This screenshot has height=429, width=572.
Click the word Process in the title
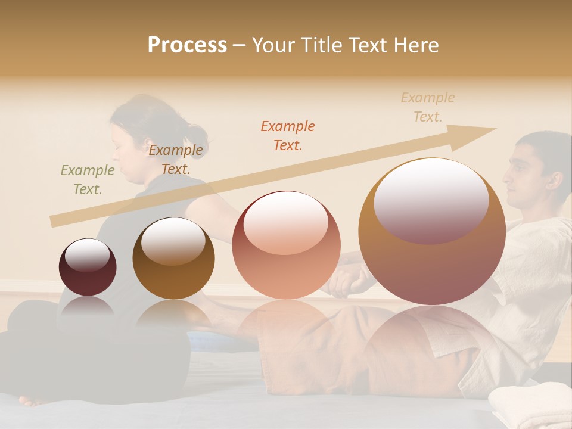coord(187,45)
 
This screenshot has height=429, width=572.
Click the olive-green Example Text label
coord(88,179)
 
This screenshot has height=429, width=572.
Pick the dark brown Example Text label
coord(176,159)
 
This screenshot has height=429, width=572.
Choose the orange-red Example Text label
coord(288,135)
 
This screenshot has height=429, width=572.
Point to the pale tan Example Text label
coord(428,107)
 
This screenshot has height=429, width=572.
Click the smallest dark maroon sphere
coord(88,267)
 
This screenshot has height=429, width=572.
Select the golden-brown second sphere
coord(173,258)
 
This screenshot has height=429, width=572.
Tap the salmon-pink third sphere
coord(286,245)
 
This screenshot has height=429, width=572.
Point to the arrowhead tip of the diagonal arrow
coord(495,129)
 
